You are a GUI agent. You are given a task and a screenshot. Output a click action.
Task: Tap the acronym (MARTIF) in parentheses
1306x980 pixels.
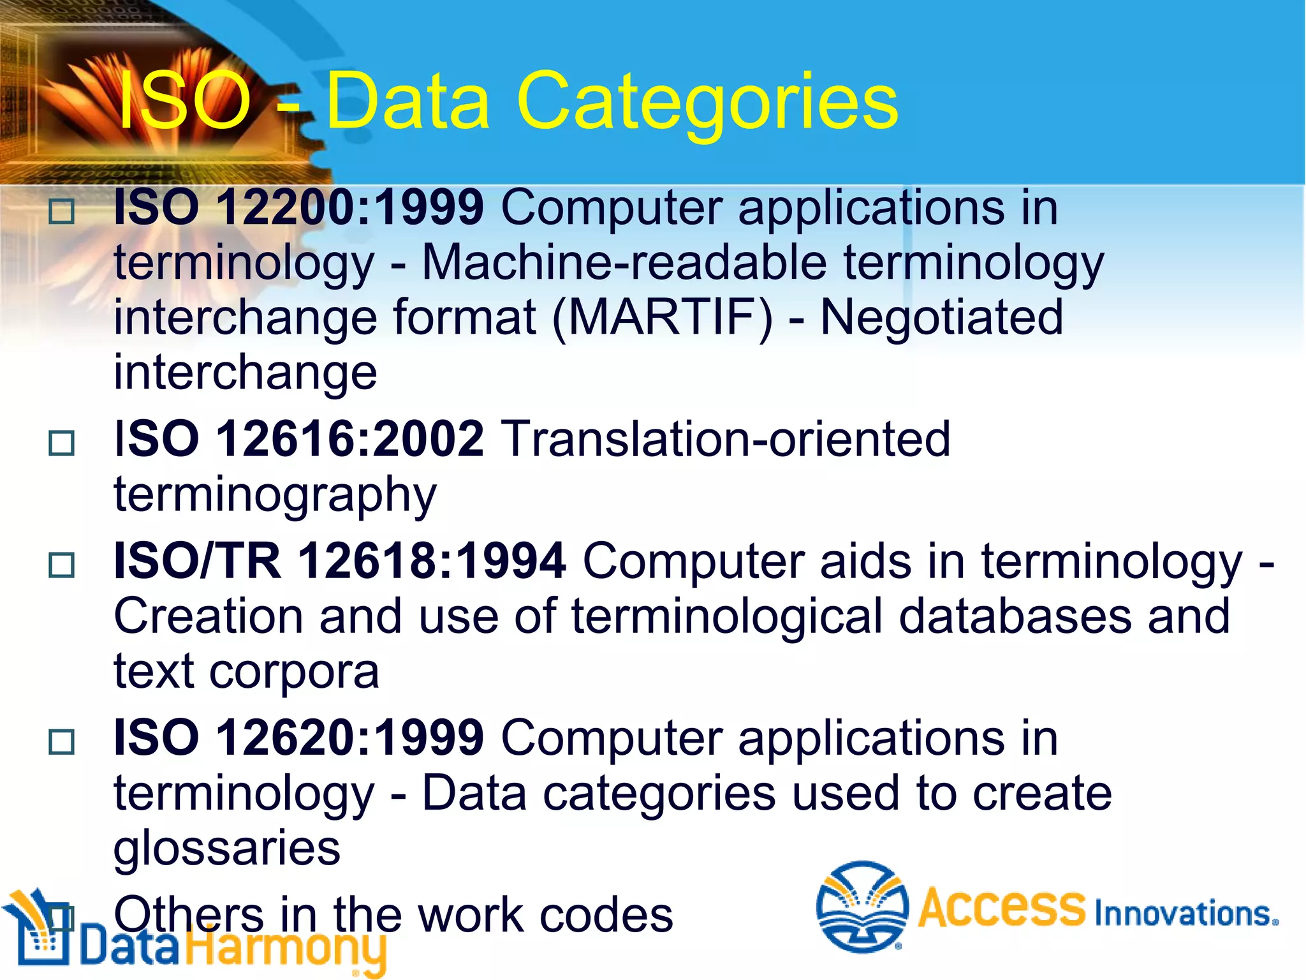[663, 317]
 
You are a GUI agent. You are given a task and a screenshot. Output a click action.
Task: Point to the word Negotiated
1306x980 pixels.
[941, 317]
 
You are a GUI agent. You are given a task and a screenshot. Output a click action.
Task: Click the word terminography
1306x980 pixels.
[275, 494]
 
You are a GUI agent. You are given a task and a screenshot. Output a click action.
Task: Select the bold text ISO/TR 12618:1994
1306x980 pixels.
[339, 561]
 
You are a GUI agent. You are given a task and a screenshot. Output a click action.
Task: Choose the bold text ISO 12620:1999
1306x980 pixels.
[298, 738]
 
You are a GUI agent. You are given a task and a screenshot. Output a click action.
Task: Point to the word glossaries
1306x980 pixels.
[227, 849]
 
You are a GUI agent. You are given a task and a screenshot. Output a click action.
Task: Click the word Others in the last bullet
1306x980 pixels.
[189, 915]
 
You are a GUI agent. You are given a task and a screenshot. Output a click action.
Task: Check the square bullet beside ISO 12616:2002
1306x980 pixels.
[62, 442]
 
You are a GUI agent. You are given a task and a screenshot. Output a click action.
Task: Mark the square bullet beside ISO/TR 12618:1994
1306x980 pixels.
[62, 565]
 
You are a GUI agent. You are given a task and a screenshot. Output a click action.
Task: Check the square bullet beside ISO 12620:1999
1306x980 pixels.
[62, 741]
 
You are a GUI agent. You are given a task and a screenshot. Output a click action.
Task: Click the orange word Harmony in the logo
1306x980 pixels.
[287, 949]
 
